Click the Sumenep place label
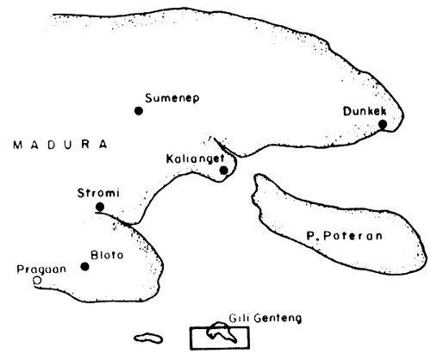click(x=172, y=97)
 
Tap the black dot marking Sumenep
click(x=138, y=110)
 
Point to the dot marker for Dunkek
click(x=382, y=125)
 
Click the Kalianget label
click(x=194, y=158)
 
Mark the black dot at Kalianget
click(x=223, y=170)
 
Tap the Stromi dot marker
click(x=100, y=207)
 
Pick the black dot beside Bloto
click(x=84, y=266)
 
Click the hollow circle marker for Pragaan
click(x=36, y=280)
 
